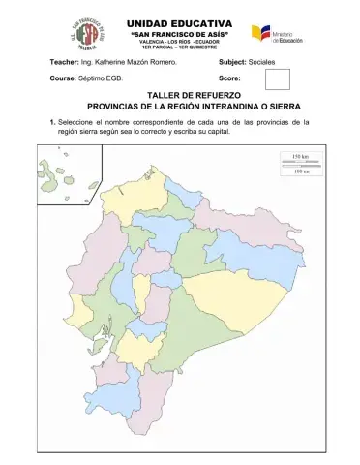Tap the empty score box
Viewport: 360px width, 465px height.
point(276,78)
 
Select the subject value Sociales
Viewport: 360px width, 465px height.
point(261,61)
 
